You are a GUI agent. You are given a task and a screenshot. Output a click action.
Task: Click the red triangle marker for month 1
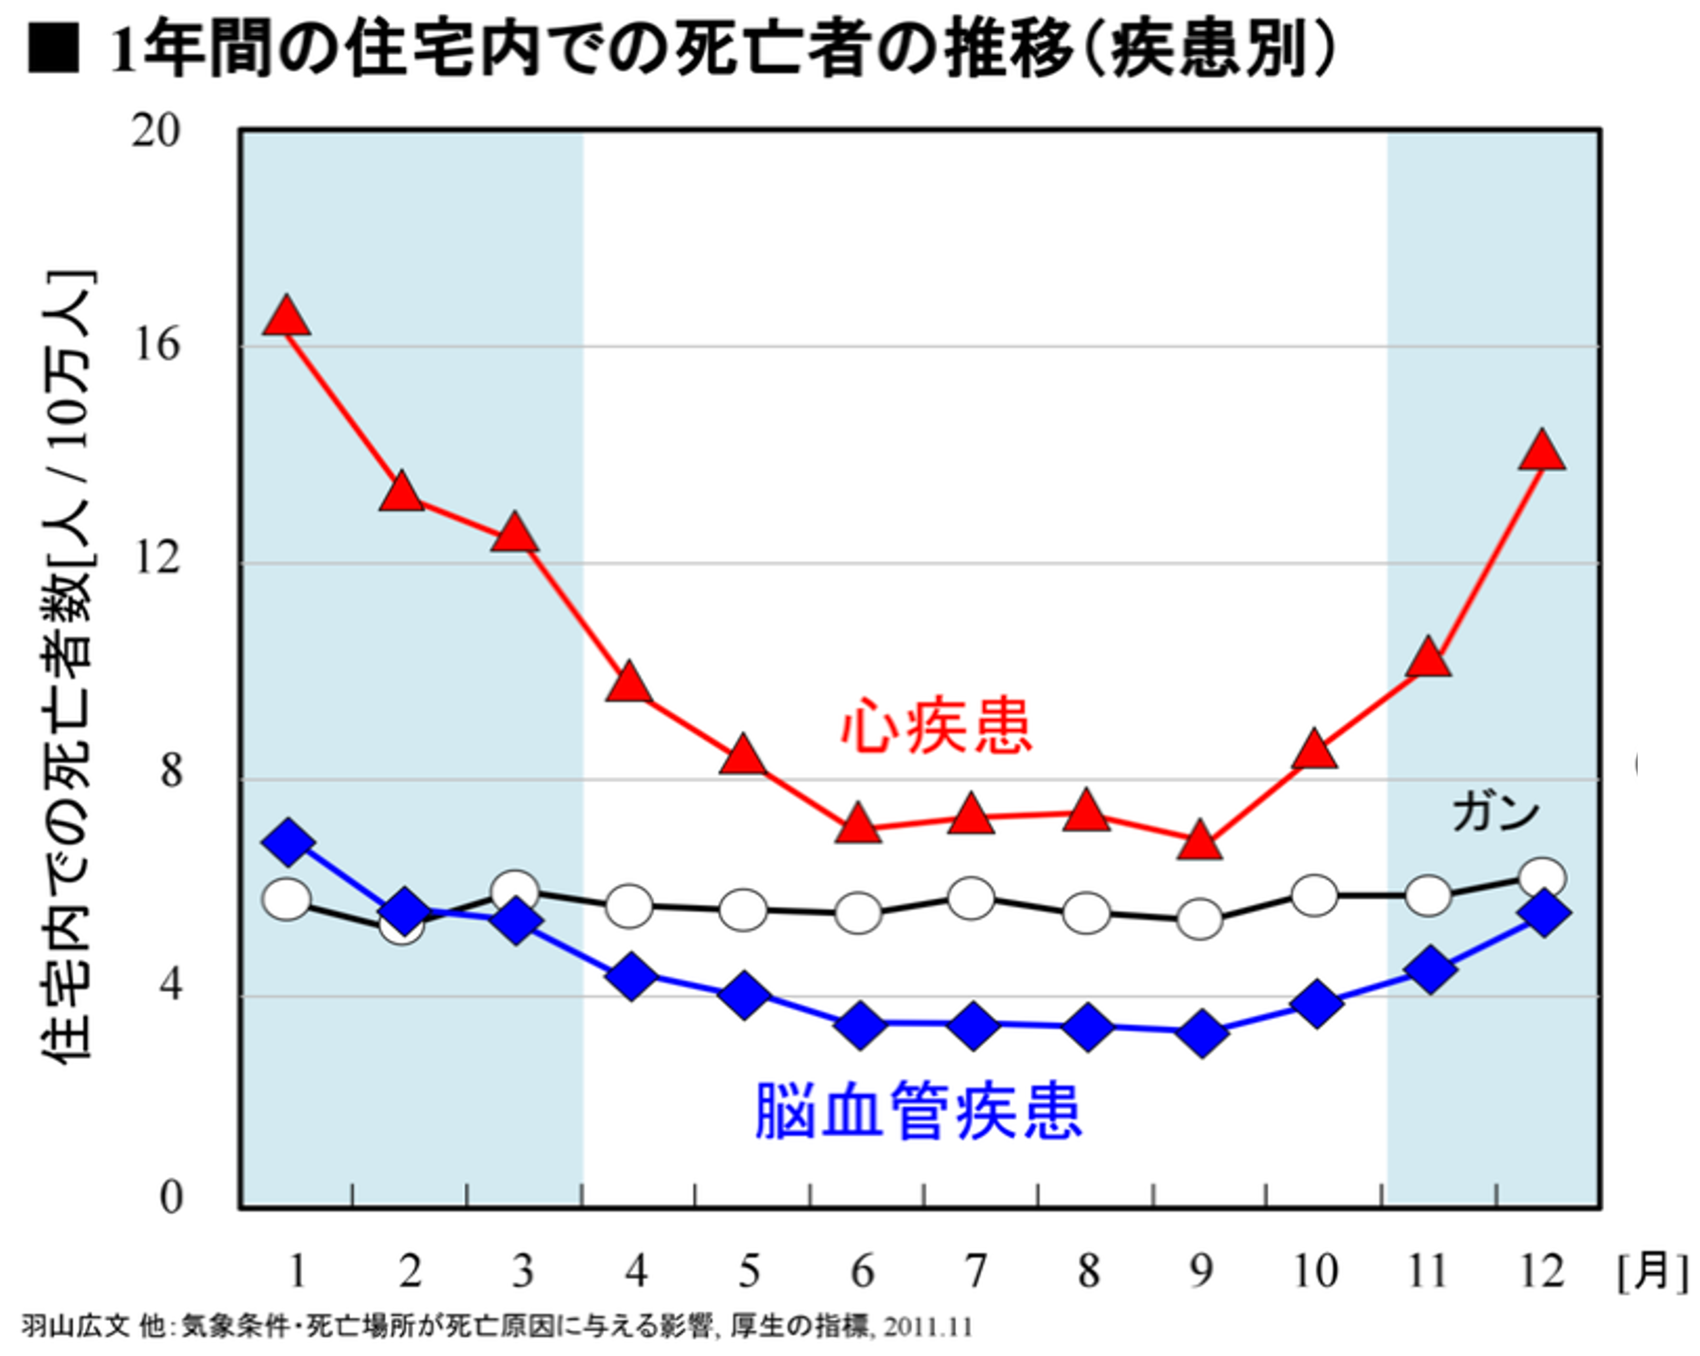click(286, 318)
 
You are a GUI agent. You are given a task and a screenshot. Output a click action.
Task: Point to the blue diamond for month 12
click(1543, 913)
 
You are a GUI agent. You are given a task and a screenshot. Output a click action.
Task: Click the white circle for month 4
click(629, 906)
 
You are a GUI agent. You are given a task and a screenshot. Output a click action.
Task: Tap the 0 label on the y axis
click(171, 1197)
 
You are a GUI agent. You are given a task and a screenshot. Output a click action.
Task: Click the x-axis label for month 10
click(1315, 1271)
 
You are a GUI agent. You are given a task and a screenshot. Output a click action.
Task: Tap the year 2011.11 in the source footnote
click(927, 1327)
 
